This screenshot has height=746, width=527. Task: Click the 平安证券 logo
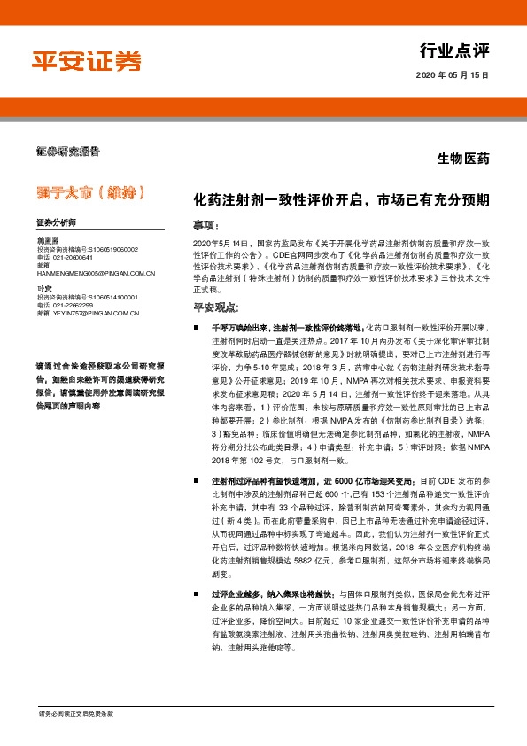point(87,61)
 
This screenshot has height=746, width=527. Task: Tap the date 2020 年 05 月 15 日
point(452,77)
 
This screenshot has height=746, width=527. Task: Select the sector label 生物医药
point(463,159)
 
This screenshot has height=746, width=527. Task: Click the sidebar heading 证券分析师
point(56,222)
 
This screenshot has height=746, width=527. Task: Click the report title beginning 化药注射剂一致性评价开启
point(341,200)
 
